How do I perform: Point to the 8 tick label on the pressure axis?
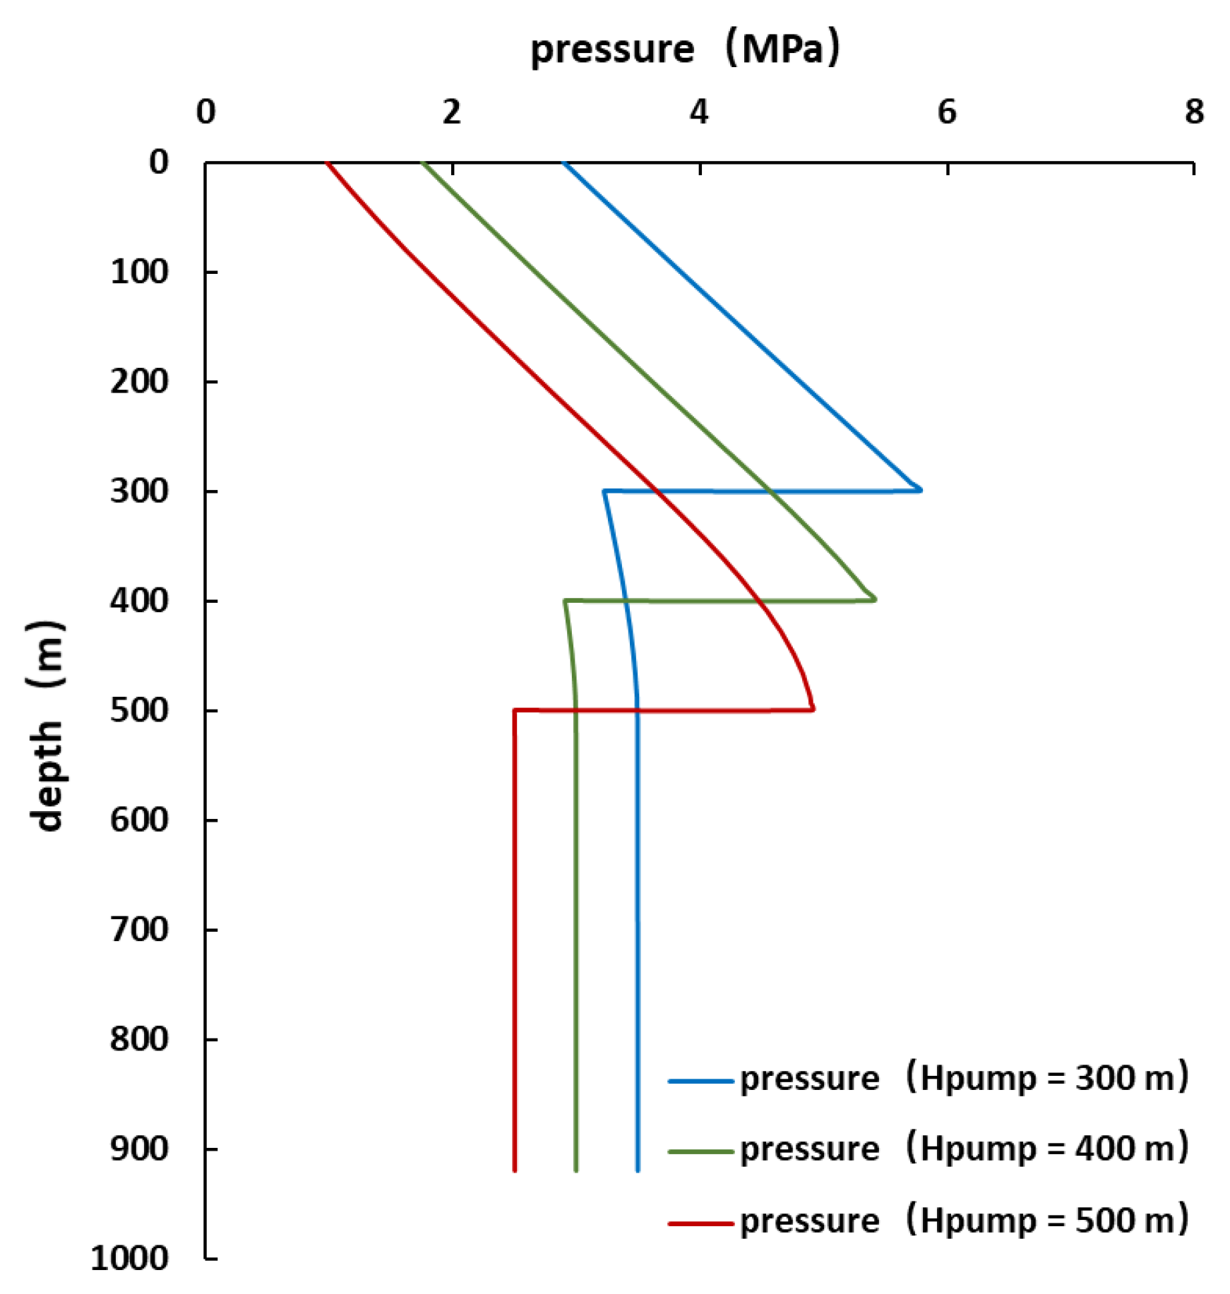click(1194, 112)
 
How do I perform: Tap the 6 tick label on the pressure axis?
click(946, 112)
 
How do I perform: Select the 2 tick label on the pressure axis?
click(452, 112)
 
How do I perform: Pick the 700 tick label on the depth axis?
click(139, 929)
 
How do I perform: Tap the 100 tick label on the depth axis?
click(139, 272)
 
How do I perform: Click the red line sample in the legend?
click(700, 1223)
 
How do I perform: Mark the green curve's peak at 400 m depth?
click(875, 599)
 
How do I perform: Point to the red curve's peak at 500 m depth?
click(813, 709)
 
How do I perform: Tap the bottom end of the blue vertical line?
click(638, 1170)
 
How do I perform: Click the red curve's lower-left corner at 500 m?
click(515, 710)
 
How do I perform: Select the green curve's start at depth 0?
click(423, 164)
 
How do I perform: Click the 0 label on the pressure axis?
click(205, 112)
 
